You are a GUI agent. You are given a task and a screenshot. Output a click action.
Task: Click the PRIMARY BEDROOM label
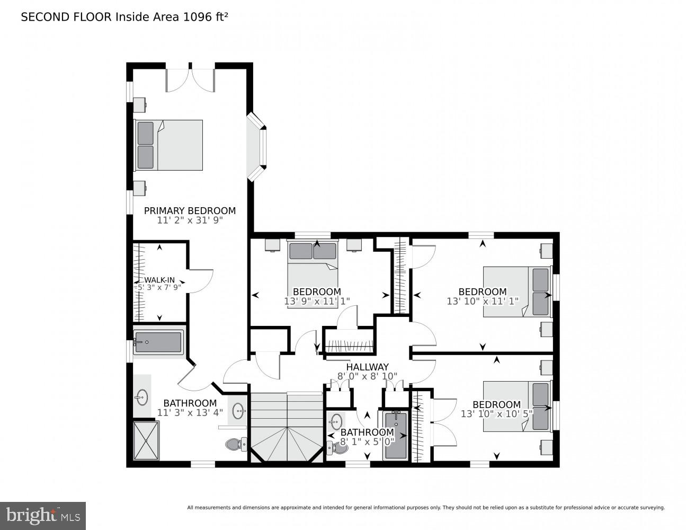click(x=190, y=210)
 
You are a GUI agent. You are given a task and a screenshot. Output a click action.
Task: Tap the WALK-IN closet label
click(x=159, y=280)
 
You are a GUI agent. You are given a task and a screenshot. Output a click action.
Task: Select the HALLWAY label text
click(x=367, y=367)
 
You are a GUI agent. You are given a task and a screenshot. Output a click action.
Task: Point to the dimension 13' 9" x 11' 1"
click(x=317, y=301)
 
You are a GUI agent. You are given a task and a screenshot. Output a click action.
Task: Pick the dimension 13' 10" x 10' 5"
click(x=496, y=414)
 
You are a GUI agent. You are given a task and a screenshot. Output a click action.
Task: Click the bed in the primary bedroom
click(x=169, y=145)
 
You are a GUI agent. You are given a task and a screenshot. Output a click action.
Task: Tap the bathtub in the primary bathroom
click(x=158, y=342)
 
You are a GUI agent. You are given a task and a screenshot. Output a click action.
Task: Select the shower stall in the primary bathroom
click(x=146, y=440)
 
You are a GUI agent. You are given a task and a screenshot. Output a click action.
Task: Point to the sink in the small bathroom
click(x=335, y=422)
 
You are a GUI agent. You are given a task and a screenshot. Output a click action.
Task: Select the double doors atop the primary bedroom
click(x=190, y=79)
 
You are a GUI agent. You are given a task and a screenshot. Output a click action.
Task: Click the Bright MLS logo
click(x=43, y=515)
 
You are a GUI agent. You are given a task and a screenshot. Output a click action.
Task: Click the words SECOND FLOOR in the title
click(x=66, y=17)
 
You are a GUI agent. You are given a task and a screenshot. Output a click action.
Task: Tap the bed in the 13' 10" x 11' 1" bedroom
click(x=516, y=291)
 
